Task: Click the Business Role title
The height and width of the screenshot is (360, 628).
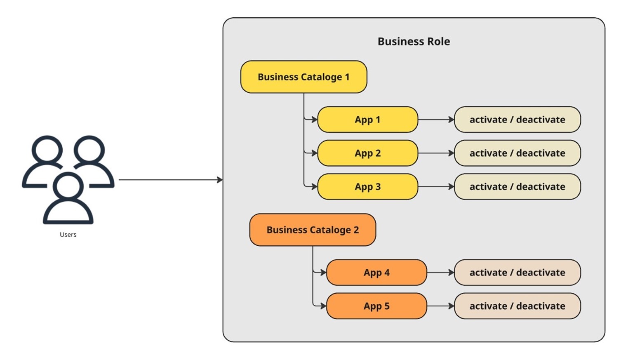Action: coord(414,42)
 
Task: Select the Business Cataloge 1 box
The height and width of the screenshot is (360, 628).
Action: coord(303,77)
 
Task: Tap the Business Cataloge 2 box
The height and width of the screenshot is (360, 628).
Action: coord(313,230)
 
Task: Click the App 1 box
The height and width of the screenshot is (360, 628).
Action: coord(367,120)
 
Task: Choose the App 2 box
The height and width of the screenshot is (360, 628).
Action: coord(367,153)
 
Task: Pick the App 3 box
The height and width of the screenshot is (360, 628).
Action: coord(367,187)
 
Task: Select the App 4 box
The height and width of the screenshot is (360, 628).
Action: coord(376,273)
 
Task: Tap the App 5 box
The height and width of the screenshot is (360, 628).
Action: coord(376,306)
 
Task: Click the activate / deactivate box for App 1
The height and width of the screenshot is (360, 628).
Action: coord(517,120)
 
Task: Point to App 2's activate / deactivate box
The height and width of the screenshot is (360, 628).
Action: coord(517,153)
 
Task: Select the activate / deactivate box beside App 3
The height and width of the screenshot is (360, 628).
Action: coord(517,187)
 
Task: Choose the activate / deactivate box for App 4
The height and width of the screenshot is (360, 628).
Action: coord(517,273)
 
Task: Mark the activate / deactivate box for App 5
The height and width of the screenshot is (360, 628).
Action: coord(517,306)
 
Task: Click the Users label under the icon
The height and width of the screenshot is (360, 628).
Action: coord(68,235)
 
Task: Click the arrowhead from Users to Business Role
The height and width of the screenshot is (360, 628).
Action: coord(220,180)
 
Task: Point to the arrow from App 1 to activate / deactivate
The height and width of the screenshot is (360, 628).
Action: coord(436,120)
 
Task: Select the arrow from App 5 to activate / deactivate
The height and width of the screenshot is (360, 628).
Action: coord(440,306)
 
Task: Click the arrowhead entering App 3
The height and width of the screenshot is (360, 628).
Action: coord(315,187)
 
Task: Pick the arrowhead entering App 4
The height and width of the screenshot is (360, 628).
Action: coord(324,273)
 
